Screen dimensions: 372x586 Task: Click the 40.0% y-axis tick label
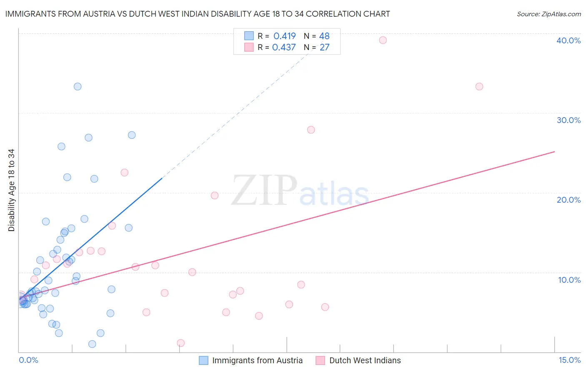click(x=568, y=40)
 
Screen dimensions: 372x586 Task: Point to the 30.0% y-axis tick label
click(x=568, y=120)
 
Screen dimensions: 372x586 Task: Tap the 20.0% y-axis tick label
click(x=568, y=200)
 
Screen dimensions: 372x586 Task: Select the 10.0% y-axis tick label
click(x=569, y=280)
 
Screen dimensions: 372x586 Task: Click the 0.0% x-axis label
click(x=28, y=360)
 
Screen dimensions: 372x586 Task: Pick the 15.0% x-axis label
click(x=569, y=360)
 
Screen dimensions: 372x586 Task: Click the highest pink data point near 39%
click(x=383, y=40)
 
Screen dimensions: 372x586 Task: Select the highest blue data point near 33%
click(x=78, y=87)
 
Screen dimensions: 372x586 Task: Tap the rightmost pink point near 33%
click(x=479, y=87)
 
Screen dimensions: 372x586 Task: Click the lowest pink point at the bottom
click(x=181, y=343)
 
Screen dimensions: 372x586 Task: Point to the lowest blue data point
click(x=92, y=344)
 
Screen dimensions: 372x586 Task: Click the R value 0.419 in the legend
click(x=285, y=36)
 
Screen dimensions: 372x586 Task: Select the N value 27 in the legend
click(x=325, y=48)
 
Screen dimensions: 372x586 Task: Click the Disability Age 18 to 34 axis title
click(x=11, y=190)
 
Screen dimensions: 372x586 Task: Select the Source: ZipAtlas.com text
click(x=548, y=14)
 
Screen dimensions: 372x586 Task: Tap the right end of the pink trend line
click(x=554, y=152)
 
